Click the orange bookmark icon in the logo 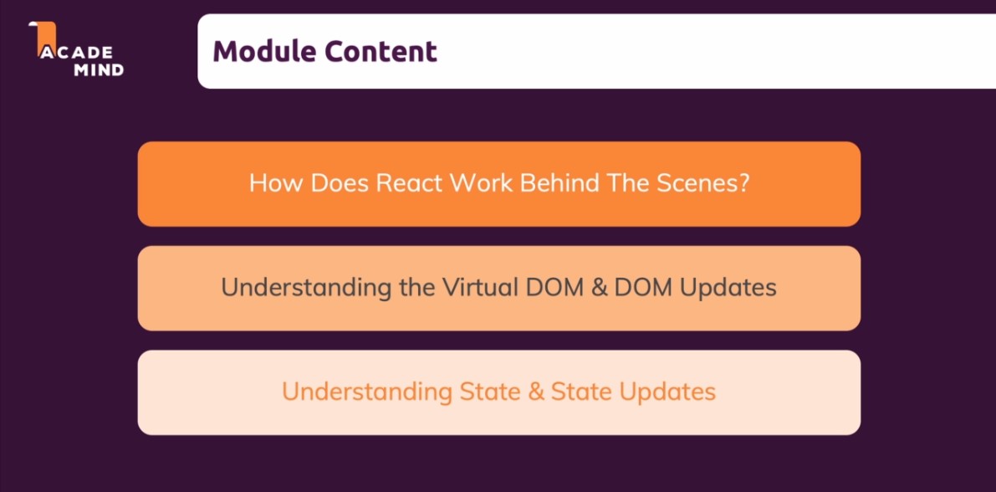[x=43, y=34]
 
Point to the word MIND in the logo [x=99, y=70]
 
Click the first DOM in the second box [x=551, y=288]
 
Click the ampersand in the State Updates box [x=534, y=392]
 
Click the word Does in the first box [x=339, y=183]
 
